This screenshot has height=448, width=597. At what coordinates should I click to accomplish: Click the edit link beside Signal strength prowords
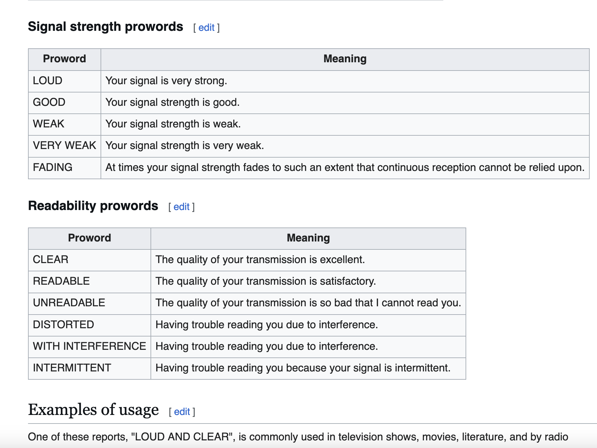click(207, 28)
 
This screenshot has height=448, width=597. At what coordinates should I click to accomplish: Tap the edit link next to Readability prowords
click(181, 207)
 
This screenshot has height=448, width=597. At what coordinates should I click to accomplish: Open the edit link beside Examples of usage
click(182, 412)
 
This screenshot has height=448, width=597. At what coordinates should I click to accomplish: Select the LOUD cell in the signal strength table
click(65, 81)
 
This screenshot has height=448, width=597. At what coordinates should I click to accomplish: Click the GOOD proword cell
click(65, 103)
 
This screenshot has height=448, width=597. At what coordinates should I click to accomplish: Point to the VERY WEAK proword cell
click(65, 146)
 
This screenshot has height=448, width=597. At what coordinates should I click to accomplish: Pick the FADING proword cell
click(65, 168)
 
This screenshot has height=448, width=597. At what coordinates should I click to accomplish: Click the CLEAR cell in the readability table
click(89, 260)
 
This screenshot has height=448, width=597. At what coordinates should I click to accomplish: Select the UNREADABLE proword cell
click(89, 303)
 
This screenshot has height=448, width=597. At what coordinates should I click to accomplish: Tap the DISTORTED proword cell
click(89, 325)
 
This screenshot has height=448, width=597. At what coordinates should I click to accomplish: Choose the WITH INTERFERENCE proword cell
click(89, 347)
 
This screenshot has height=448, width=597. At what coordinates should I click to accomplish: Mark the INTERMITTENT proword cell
click(89, 368)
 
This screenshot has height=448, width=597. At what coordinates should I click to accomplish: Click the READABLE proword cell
click(89, 282)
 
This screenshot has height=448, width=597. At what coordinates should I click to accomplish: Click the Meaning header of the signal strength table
click(345, 59)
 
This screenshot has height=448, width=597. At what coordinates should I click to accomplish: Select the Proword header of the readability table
click(89, 238)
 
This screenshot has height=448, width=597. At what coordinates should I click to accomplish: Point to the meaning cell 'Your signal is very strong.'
click(345, 81)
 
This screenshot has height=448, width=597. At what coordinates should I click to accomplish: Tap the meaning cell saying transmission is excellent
click(308, 260)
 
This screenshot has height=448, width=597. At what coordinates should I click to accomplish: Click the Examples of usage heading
click(93, 410)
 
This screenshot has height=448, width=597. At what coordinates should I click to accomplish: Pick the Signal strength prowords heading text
click(106, 27)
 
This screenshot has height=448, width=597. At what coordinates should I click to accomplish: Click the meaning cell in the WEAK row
click(345, 124)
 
